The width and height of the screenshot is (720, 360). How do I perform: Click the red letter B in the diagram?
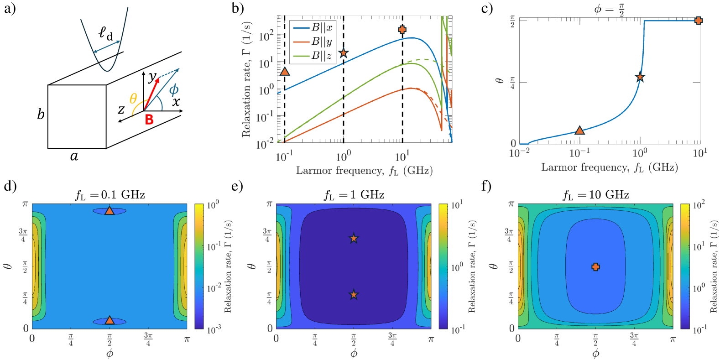[x=149, y=120]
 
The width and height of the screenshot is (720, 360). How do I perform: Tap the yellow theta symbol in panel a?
[x=133, y=99]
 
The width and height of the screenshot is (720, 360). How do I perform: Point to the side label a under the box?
[x=74, y=157]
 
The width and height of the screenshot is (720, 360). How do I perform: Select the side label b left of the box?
[x=41, y=114]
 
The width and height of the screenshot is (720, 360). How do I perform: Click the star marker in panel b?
[x=344, y=53]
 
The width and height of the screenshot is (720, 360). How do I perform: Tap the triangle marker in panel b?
[x=285, y=71]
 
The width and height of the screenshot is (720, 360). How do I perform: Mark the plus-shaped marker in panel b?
[x=402, y=30]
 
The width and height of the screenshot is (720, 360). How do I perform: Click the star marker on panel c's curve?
[x=640, y=77]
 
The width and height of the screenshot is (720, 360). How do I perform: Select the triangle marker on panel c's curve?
[x=579, y=130]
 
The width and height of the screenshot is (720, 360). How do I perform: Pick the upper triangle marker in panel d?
[x=109, y=211]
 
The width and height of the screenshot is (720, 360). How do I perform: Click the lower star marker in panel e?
[x=354, y=295]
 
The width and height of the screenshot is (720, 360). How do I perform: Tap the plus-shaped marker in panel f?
[x=595, y=267]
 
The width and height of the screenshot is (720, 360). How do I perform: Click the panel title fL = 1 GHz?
[x=354, y=195]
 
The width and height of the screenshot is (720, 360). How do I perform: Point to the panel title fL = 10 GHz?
[x=595, y=195]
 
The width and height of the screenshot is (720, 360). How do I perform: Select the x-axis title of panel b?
[x=364, y=171]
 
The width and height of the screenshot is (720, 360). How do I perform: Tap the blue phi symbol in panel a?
[x=174, y=89]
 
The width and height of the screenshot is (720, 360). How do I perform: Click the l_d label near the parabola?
[x=106, y=33]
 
